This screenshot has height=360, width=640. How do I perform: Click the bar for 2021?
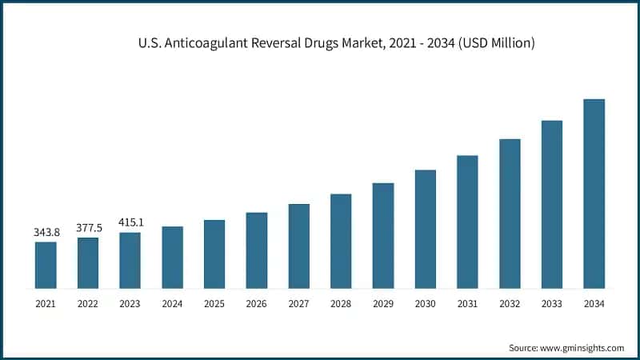point(46,265)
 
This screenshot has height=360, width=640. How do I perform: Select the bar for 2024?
point(172,257)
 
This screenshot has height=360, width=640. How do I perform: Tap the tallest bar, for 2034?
point(594,194)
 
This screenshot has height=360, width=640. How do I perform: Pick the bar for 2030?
point(425,229)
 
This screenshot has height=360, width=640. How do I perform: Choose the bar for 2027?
point(298,246)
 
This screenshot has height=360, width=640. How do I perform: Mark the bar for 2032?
point(510,214)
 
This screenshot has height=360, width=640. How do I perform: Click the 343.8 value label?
point(46,232)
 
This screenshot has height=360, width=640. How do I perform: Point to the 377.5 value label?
point(88,227)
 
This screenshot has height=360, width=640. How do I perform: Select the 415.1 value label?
point(130,222)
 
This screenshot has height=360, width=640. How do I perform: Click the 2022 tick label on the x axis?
point(88,304)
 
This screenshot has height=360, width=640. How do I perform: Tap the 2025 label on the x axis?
point(214,304)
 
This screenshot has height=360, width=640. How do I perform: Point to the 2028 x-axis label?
point(341,304)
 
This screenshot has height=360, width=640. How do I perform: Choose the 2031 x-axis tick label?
point(467,304)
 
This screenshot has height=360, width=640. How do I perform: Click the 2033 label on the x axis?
point(551,304)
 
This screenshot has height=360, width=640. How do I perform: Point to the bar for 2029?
point(383,235)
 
